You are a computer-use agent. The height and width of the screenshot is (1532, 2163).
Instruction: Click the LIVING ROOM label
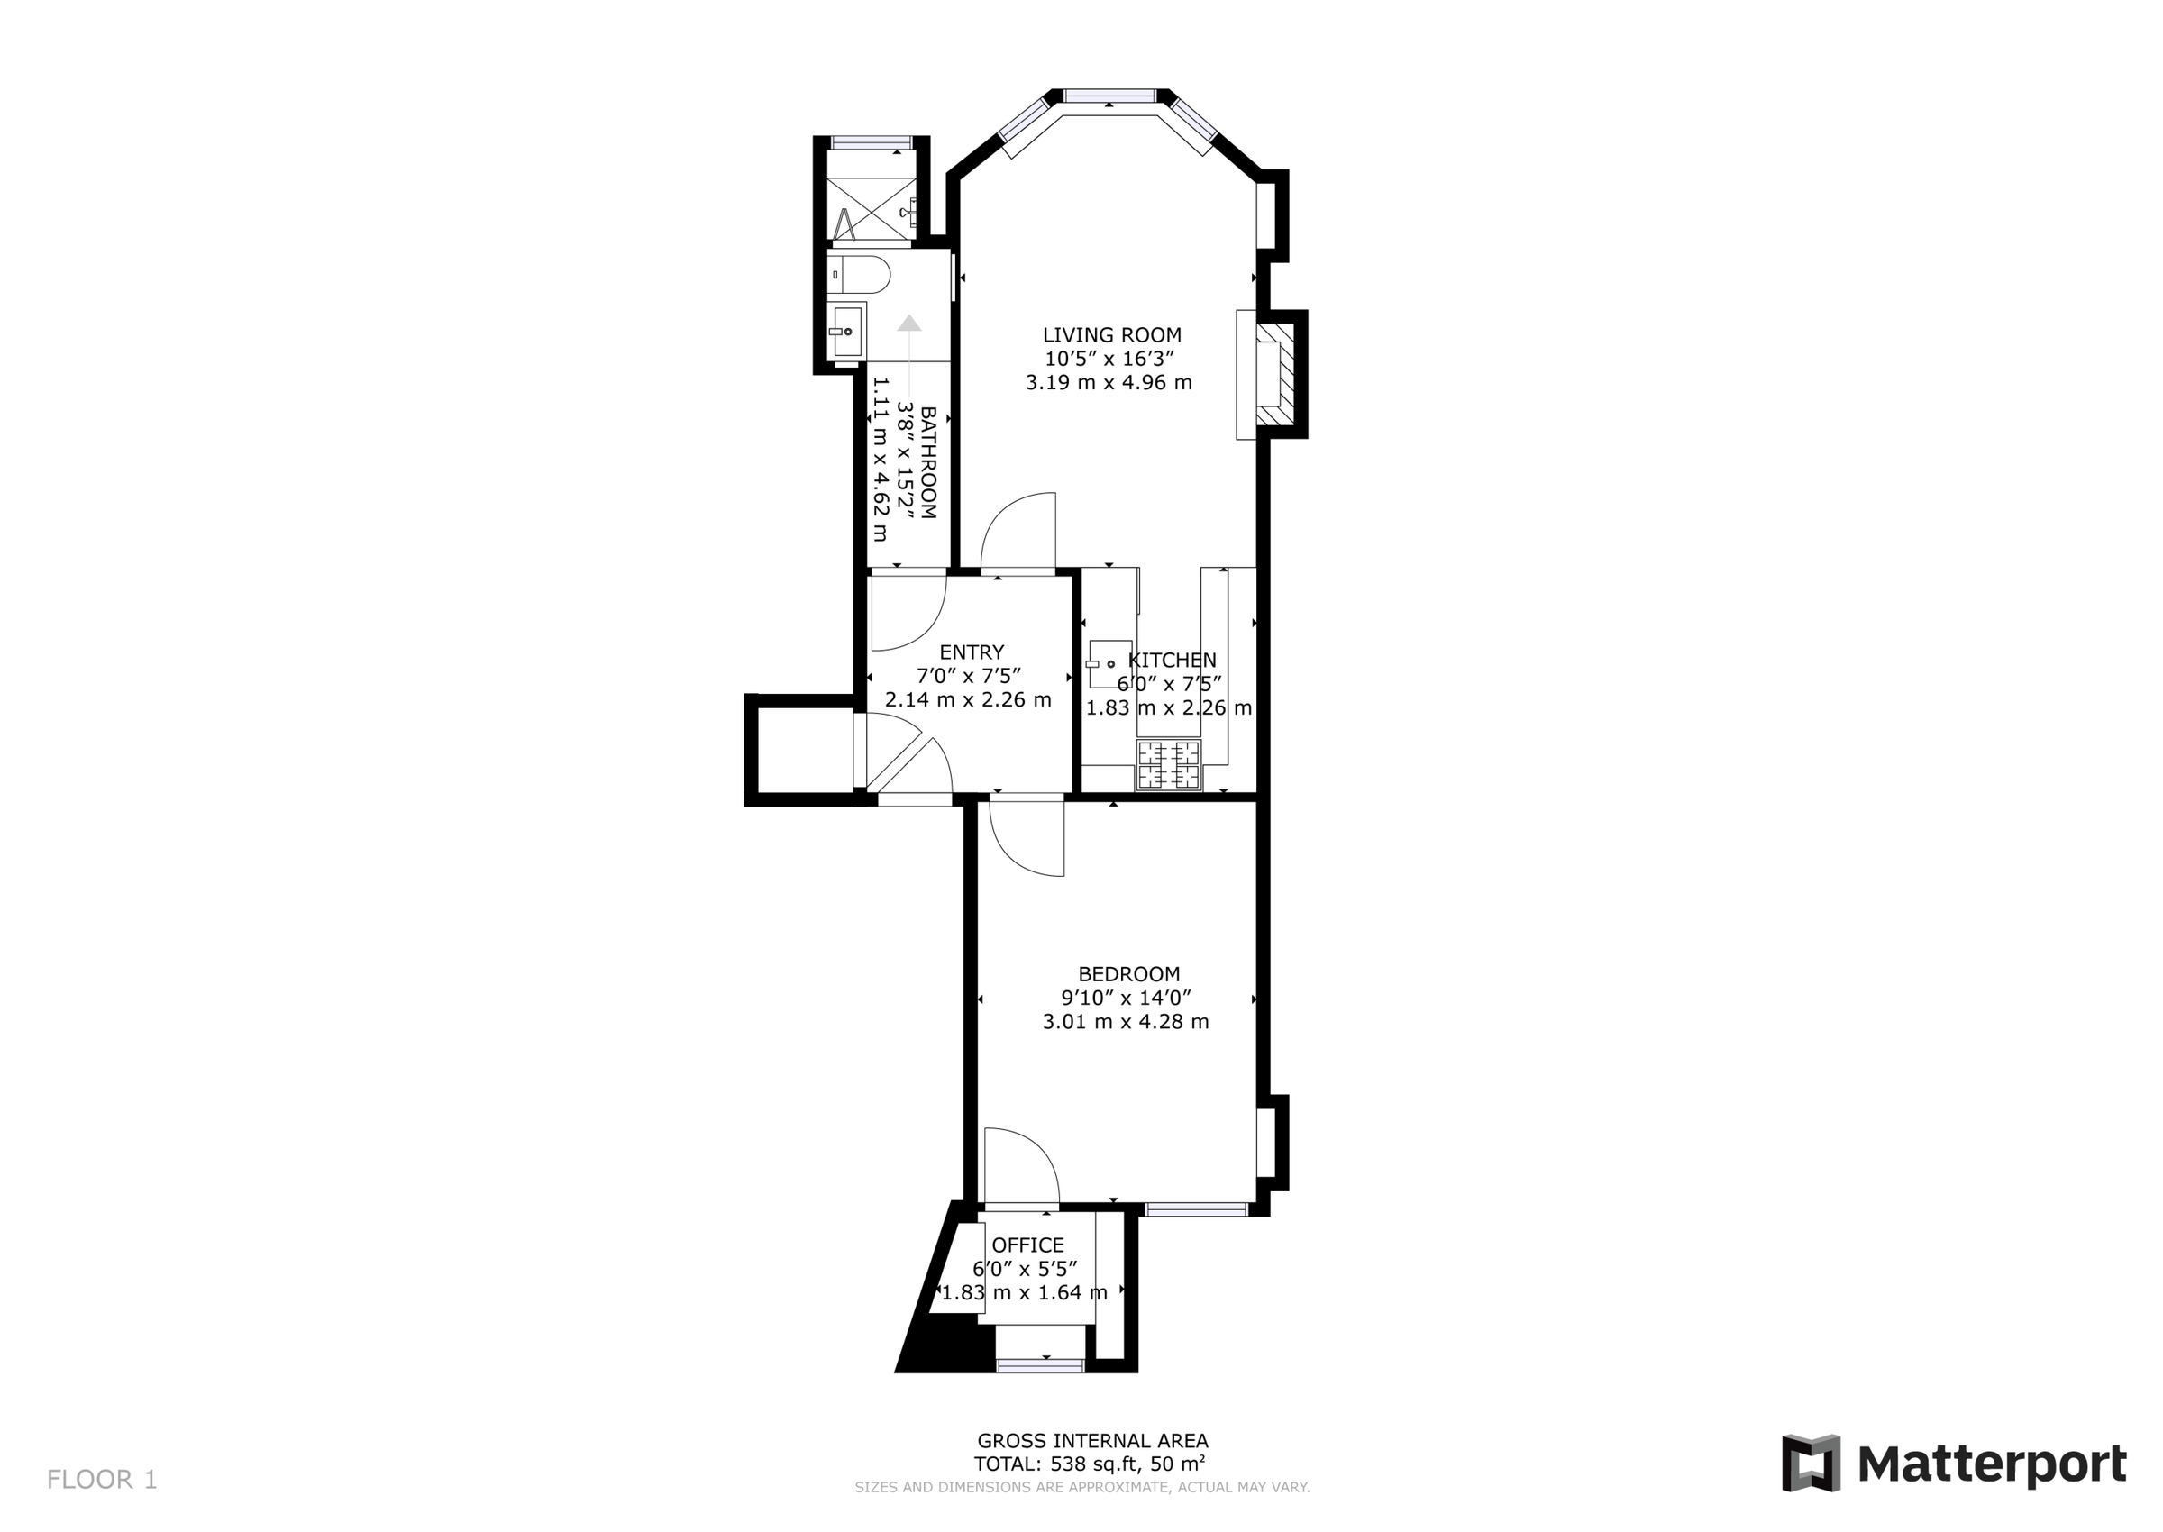pyautogui.click(x=1111, y=335)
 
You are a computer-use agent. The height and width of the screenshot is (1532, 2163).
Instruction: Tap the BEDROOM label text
pyautogui.click(x=1128, y=974)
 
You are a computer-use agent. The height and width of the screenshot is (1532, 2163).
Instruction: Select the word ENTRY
pyautogui.click(x=971, y=652)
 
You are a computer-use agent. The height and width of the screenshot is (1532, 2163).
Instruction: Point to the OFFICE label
pyautogui.click(x=1027, y=1245)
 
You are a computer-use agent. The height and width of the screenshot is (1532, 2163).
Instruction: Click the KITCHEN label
pyautogui.click(x=1173, y=661)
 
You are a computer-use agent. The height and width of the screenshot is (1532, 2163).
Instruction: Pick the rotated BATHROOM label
pyautogui.click(x=928, y=462)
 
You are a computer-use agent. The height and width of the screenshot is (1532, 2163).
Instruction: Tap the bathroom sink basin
pyautogui.click(x=846, y=331)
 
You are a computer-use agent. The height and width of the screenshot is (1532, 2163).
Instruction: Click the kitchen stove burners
pyautogui.click(x=1169, y=765)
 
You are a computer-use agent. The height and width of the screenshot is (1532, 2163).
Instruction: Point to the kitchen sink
pyautogui.click(x=1109, y=664)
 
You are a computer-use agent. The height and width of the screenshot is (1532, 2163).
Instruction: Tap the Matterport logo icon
pyautogui.click(x=1811, y=1464)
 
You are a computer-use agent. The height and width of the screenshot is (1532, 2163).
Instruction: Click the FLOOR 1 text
pyautogui.click(x=102, y=1479)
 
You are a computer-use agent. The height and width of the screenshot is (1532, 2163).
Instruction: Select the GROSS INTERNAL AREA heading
pyautogui.click(x=1092, y=1440)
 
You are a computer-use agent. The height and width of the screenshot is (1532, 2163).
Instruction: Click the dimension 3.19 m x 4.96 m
pyautogui.click(x=1109, y=383)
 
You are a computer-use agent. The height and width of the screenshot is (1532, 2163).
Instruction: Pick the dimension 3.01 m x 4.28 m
pyautogui.click(x=1126, y=1022)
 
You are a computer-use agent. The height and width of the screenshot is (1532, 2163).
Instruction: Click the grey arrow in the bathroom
pyautogui.click(x=908, y=324)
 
